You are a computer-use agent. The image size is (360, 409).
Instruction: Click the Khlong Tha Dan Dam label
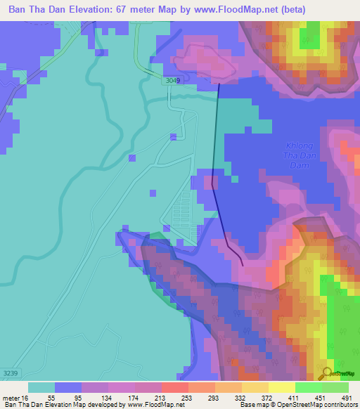300,155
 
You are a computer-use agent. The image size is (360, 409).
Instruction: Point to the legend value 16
24,398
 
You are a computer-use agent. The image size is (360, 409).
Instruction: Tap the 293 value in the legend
202,398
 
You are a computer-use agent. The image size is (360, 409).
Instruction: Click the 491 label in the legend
338,398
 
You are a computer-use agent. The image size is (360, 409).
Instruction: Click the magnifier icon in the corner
326,374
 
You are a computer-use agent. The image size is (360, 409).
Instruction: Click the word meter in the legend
11,398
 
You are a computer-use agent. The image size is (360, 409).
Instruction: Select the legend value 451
310,398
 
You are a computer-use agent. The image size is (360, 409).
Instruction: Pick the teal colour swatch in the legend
41,387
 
